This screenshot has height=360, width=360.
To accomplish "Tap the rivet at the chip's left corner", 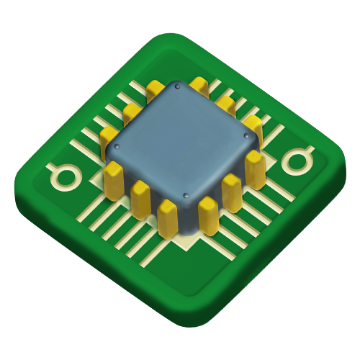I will click(x=117, y=146).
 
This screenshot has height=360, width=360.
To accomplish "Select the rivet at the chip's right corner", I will click(x=246, y=135).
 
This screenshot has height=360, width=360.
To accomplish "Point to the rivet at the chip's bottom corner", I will click(x=186, y=195).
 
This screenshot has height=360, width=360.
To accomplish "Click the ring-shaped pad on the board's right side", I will click(x=297, y=160).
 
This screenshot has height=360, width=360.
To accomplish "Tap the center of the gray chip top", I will click(x=181, y=140).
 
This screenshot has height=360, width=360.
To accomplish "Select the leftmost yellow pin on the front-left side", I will click(x=114, y=181).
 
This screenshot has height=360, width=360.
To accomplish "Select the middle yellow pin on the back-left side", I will click(x=132, y=112).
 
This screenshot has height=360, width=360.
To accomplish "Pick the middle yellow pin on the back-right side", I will click(x=225, y=105).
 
